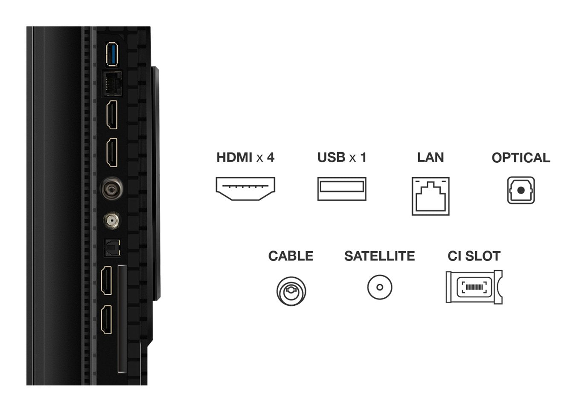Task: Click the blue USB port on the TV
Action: pos(112,54)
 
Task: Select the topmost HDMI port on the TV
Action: pos(112,115)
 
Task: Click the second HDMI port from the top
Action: pos(112,152)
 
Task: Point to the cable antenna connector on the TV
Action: pos(112,188)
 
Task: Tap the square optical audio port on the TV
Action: pos(113,247)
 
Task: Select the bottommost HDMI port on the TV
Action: pos(106,319)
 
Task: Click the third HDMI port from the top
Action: pos(106,280)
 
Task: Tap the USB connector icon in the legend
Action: pos(341,189)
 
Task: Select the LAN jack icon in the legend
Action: pos(430,196)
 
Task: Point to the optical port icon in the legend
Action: pos(521,190)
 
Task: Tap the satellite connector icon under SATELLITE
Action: pos(379,287)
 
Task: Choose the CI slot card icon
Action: pos(474,287)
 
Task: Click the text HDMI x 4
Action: pos(245,158)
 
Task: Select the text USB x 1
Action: pos(341,158)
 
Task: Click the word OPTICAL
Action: pos(521,158)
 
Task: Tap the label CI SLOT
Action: pos(474,256)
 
